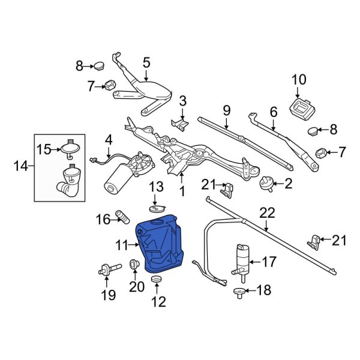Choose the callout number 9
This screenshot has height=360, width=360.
(227, 110)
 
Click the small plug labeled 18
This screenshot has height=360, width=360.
(239, 292)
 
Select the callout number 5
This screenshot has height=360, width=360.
(146, 62)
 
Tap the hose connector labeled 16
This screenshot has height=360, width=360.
(121, 216)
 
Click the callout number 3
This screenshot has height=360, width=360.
(183, 100)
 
